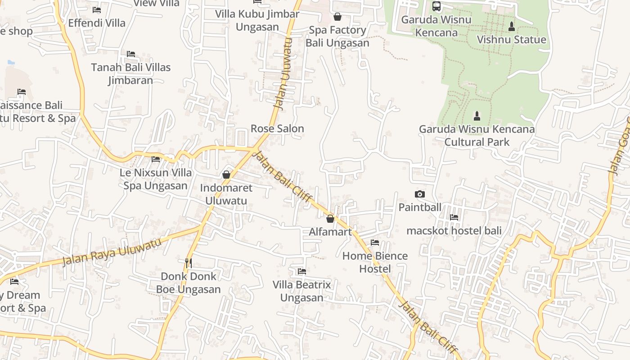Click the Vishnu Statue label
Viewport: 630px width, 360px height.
click(x=511, y=40)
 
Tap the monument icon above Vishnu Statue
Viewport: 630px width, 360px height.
click(x=511, y=27)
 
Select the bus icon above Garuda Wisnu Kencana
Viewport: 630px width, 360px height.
click(x=436, y=6)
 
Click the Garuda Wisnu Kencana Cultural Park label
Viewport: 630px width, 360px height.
click(x=477, y=135)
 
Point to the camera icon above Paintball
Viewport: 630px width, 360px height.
click(x=419, y=194)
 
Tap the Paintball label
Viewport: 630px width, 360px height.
click(x=420, y=207)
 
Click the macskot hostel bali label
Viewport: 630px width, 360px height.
click(x=454, y=231)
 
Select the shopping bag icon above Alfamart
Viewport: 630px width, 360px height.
click(x=330, y=219)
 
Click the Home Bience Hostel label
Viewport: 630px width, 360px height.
click(x=375, y=262)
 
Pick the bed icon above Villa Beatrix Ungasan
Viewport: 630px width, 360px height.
click(x=302, y=271)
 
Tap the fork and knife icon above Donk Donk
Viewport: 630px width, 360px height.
click(x=189, y=263)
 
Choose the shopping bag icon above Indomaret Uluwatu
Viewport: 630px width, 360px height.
click(x=226, y=174)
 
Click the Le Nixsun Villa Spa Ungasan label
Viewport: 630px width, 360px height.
click(x=156, y=179)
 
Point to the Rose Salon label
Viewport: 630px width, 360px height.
click(x=277, y=128)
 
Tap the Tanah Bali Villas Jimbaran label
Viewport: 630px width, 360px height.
click(x=131, y=74)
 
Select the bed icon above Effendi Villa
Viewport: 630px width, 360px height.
click(x=97, y=9)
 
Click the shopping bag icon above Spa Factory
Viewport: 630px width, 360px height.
click(x=337, y=17)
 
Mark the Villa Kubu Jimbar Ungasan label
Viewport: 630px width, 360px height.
click(x=257, y=20)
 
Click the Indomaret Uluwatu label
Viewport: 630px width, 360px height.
click(x=226, y=194)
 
